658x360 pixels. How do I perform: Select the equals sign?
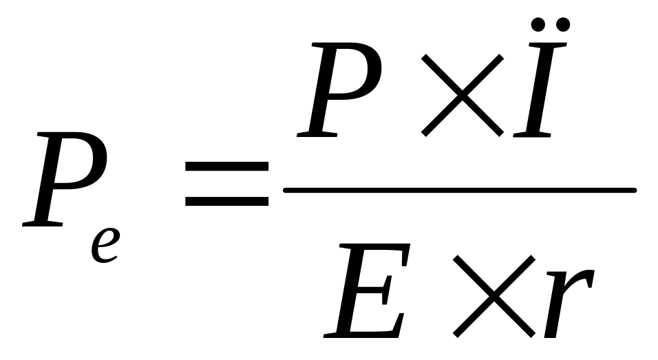(x=227, y=184)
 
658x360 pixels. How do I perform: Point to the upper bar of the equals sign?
(x=227, y=167)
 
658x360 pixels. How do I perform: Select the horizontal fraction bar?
(x=459, y=190)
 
